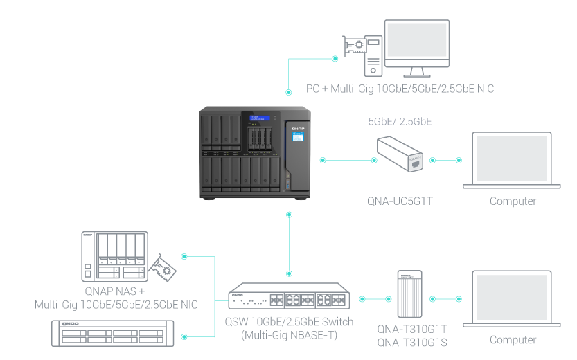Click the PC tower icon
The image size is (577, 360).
pyautogui.click(x=373, y=55)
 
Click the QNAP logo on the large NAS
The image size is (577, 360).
pyautogui.click(x=299, y=128)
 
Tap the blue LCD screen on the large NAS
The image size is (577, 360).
pyautogui.click(x=298, y=138)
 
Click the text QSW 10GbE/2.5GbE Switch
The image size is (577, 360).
pyautogui.click(x=289, y=322)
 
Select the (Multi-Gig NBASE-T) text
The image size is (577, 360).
pyautogui.click(x=289, y=335)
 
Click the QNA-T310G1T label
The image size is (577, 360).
pyautogui.click(x=412, y=329)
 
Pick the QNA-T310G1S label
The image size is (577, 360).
pyautogui.click(x=412, y=341)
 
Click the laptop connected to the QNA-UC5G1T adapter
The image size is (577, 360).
pyautogui.click(x=513, y=160)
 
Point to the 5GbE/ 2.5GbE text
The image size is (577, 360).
pyautogui.click(x=400, y=121)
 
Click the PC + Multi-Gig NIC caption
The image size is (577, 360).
pyautogui.click(x=400, y=89)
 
